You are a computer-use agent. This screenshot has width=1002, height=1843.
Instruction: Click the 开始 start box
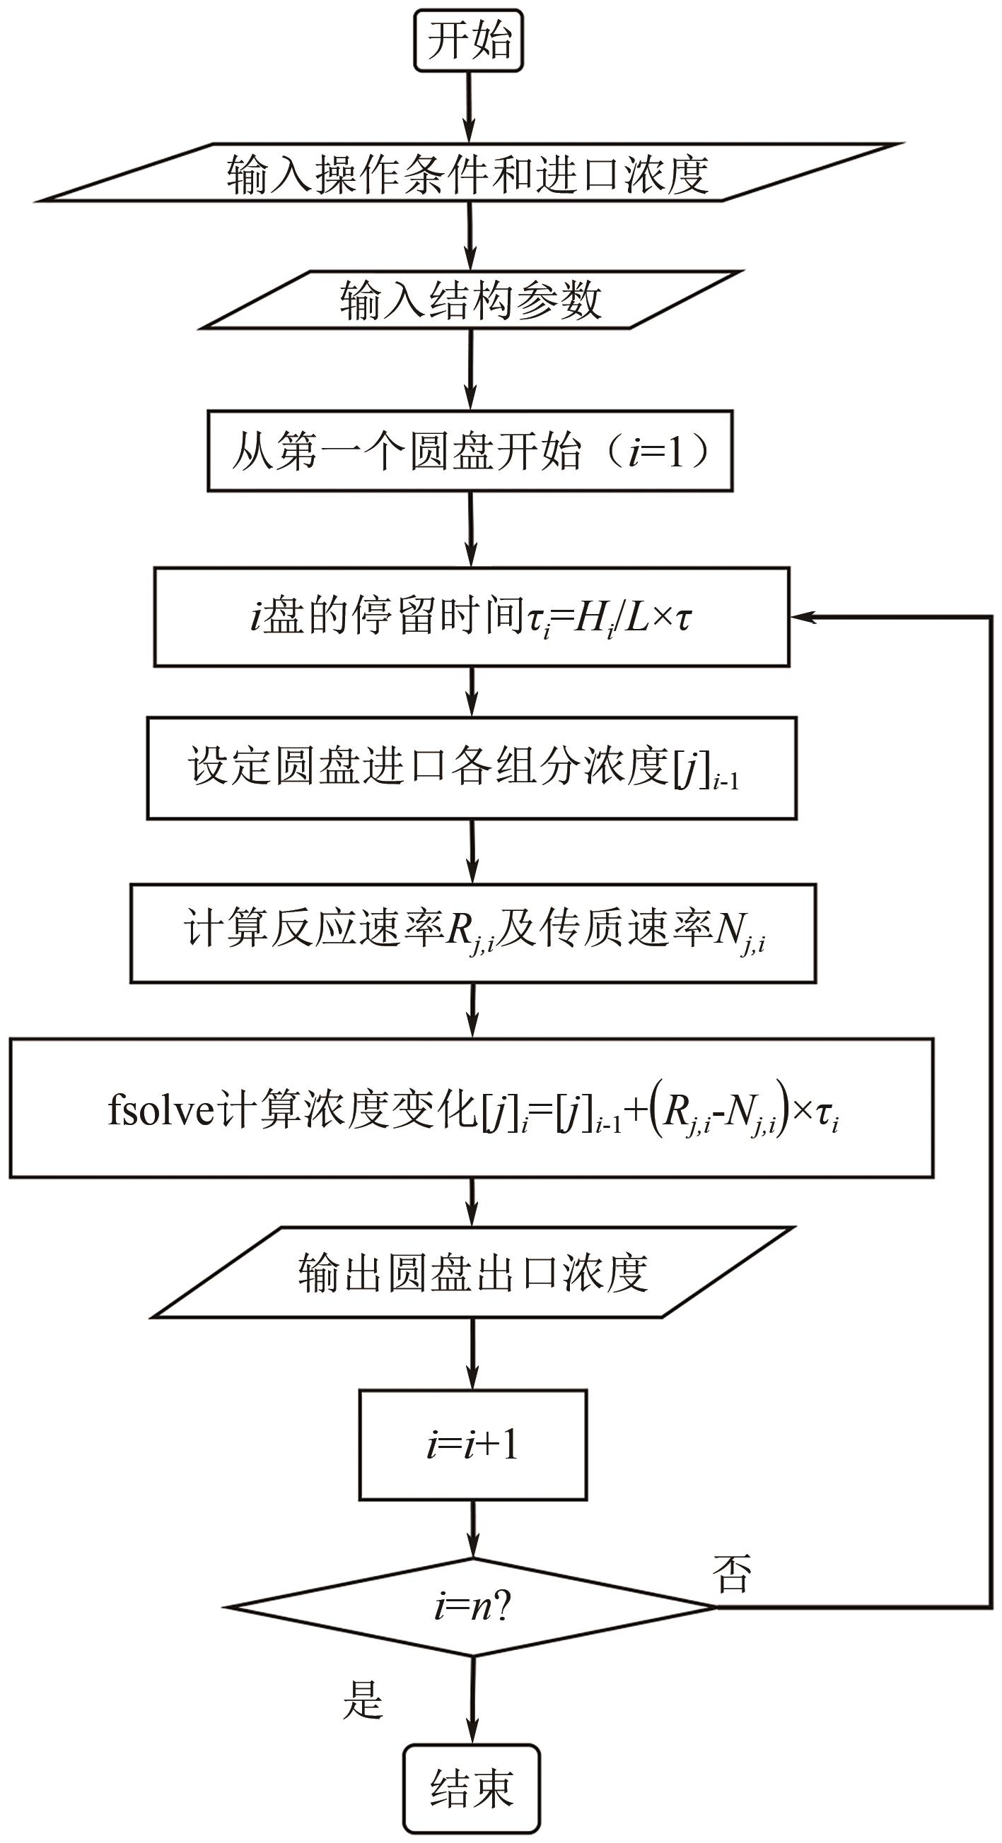(469, 40)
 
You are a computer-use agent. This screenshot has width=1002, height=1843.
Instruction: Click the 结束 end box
(472, 1788)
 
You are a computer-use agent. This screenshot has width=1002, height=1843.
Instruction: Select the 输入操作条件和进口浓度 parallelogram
(469, 174)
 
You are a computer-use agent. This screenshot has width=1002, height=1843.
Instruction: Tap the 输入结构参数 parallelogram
(471, 300)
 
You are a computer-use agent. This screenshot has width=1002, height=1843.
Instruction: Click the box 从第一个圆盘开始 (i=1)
(470, 451)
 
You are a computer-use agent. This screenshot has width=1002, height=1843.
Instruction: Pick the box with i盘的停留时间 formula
(472, 617)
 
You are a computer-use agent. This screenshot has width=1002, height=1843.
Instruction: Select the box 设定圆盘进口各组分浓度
(472, 767)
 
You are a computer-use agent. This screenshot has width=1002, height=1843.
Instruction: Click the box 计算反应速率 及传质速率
(473, 933)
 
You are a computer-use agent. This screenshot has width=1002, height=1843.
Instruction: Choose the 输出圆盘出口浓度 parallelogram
(473, 1273)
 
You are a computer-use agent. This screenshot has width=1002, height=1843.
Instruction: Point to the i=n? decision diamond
(473, 1607)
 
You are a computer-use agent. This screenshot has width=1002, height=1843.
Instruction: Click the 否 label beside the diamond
(731, 1574)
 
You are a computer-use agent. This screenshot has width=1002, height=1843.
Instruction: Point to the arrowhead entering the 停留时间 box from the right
(803, 617)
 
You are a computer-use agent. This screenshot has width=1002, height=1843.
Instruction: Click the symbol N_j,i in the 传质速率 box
(740, 933)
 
